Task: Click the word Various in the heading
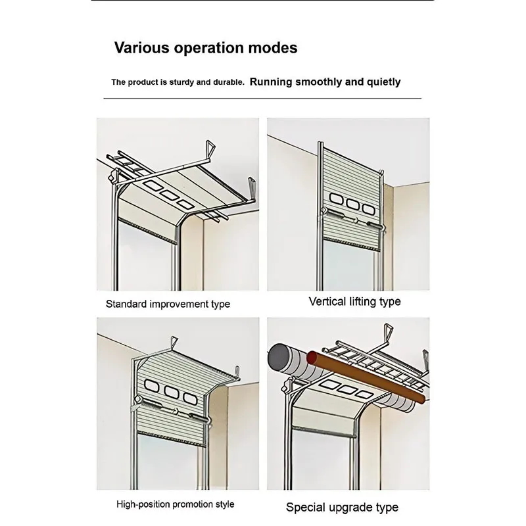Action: (141, 47)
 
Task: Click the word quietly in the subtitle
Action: (383, 83)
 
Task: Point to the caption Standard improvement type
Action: (168, 304)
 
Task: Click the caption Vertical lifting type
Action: (354, 302)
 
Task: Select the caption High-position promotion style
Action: (175, 504)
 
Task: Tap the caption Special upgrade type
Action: (342, 507)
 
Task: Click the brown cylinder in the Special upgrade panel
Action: (366, 376)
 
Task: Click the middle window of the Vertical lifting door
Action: (352, 204)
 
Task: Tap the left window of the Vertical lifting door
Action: (336, 199)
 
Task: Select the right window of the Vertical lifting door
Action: (368, 209)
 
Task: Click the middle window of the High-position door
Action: (171, 391)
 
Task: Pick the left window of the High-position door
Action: (152, 386)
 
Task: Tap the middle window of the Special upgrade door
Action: (348, 389)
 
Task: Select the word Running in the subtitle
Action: (271, 82)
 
